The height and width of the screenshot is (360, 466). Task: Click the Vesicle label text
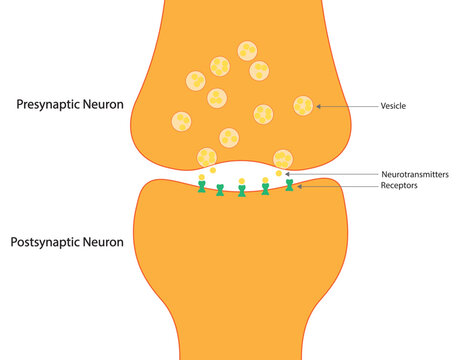(x=393, y=105)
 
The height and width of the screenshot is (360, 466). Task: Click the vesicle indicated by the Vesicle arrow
(x=303, y=105)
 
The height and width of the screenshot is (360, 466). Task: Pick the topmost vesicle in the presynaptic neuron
(x=246, y=50)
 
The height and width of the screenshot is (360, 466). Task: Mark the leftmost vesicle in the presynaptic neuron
(x=181, y=121)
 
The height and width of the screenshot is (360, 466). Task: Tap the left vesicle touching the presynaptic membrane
(x=207, y=157)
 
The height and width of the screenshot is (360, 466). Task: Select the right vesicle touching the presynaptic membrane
(x=283, y=158)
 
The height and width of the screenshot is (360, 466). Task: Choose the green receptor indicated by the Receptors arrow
(x=290, y=185)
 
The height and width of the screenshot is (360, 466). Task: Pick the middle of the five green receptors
(x=242, y=191)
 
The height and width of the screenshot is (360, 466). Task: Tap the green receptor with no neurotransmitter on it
(x=220, y=190)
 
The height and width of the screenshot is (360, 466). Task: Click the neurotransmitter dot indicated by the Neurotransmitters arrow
(x=279, y=174)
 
